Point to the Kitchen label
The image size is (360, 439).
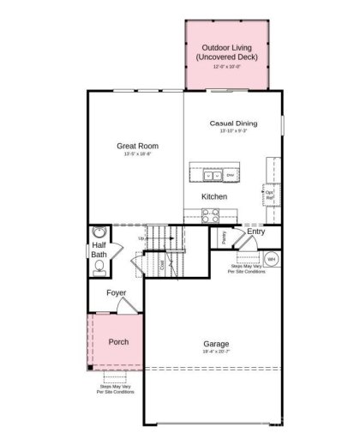tap(213, 196)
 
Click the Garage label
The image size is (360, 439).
tap(216, 344)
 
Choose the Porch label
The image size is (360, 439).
tap(118, 341)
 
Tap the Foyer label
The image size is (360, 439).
tap(117, 293)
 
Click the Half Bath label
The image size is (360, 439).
tap(99, 250)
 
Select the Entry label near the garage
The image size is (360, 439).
tap(255, 232)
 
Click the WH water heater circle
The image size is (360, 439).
tap(271, 257)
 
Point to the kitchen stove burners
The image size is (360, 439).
tap(212, 215)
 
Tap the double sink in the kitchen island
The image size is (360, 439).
tap(212, 176)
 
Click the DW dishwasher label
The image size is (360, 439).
tap(230, 176)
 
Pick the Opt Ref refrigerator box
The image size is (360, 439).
tap(269, 195)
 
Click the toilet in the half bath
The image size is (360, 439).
tap(99, 267)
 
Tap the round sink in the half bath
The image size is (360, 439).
tap(99, 232)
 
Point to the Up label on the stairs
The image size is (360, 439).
tap(141, 238)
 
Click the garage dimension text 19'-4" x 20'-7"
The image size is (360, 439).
tap(216, 352)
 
